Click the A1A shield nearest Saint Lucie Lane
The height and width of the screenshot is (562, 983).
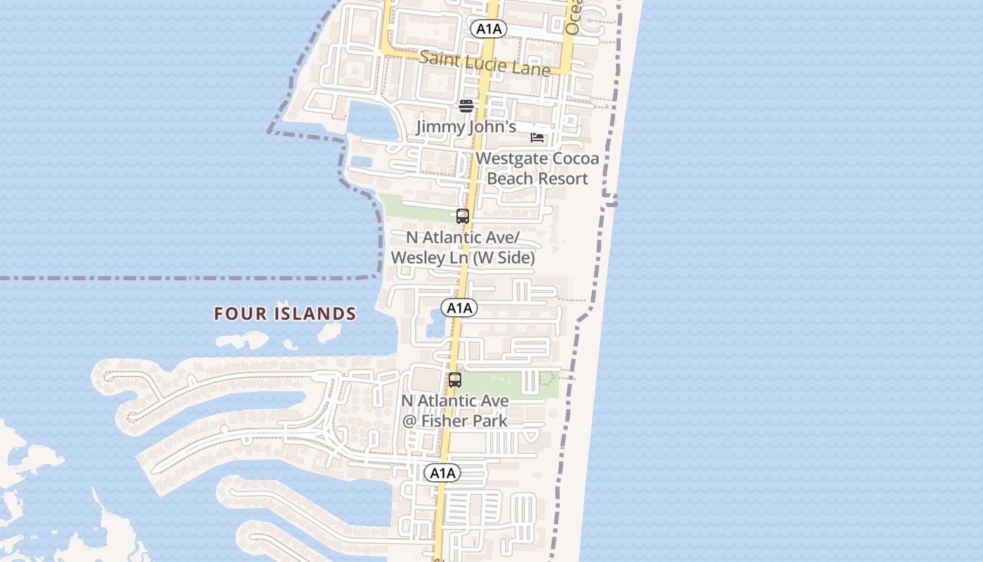click(x=488, y=29)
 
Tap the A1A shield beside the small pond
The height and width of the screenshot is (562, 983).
click(x=459, y=308)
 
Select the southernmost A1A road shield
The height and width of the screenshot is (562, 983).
click(x=442, y=473)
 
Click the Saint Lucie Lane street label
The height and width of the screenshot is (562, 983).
click(x=484, y=63)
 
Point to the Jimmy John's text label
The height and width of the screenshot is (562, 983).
click(x=466, y=127)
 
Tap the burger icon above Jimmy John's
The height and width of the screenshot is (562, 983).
click(x=466, y=106)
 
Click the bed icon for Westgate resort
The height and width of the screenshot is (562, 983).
click(x=537, y=137)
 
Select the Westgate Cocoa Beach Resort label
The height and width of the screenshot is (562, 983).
click(x=537, y=168)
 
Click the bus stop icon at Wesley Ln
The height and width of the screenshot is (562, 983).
click(x=463, y=216)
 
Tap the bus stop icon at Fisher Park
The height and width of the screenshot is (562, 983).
click(x=455, y=380)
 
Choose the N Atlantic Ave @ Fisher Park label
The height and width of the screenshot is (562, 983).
click(x=455, y=410)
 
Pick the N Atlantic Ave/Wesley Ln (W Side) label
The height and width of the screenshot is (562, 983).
click(x=463, y=247)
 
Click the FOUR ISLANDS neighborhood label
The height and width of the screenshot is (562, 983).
click(x=285, y=313)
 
